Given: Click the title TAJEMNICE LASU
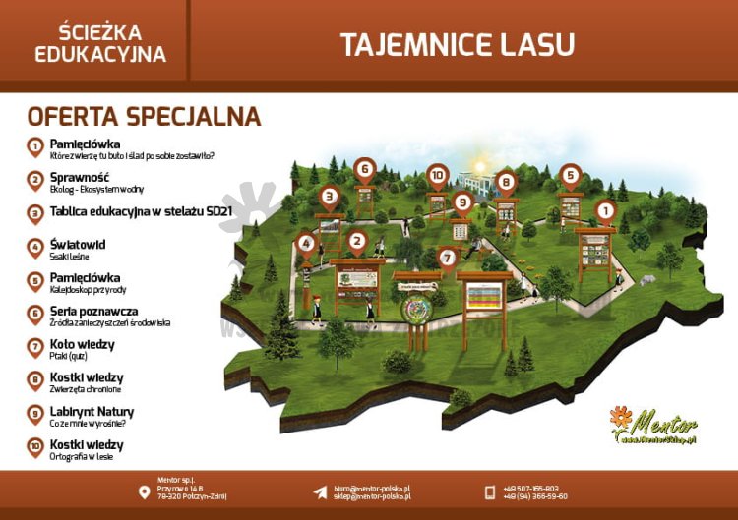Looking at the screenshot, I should (x=457, y=44).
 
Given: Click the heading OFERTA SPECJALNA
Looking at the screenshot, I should (x=144, y=117).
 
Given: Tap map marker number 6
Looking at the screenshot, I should (x=365, y=169).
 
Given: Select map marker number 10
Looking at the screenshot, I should (x=438, y=176).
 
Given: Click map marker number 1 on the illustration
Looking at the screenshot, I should (x=605, y=209).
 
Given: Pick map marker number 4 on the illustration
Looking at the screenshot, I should (x=306, y=243).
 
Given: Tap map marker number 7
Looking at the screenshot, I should (x=448, y=258).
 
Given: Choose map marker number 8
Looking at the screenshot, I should (x=506, y=181).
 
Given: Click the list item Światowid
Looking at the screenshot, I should (x=78, y=244).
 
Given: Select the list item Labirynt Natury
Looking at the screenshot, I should (x=92, y=412).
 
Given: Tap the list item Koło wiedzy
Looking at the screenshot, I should (x=82, y=345).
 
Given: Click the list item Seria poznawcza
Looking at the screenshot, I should (x=94, y=312).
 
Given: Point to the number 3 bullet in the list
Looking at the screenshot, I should (x=34, y=211).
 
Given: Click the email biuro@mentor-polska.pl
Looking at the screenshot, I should (x=372, y=488).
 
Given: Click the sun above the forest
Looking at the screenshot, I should (x=481, y=165).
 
